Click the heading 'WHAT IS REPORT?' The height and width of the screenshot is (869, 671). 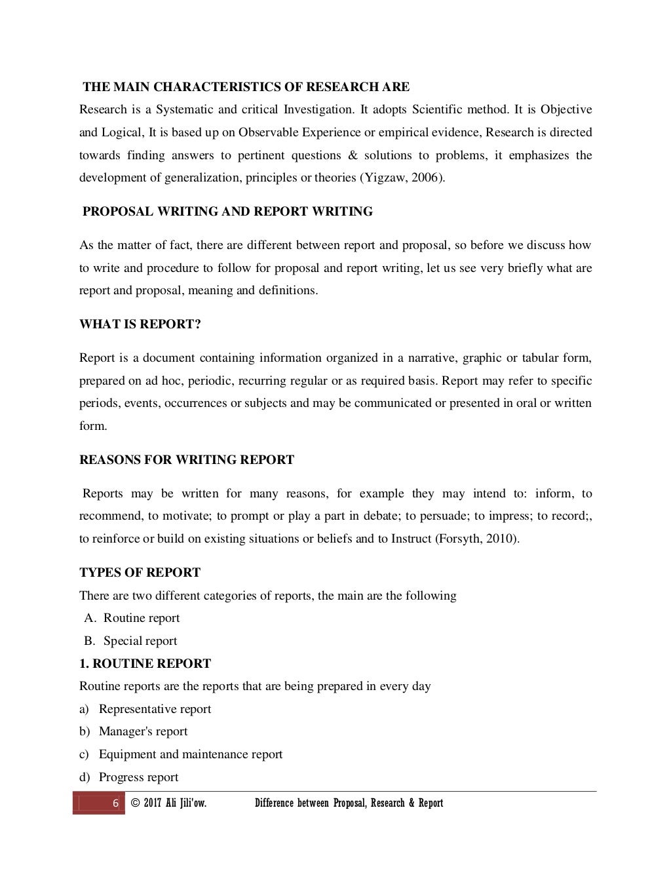pos(140,324)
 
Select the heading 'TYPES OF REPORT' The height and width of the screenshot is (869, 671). pos(140,573)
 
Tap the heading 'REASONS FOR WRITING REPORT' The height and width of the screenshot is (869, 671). pos(187,460)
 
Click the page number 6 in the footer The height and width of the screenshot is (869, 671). pos(115,803)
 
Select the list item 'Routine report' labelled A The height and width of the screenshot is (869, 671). pos(142,618)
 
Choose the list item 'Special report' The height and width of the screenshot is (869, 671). pos(140,641)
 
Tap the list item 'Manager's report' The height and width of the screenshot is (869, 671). pos(143,731)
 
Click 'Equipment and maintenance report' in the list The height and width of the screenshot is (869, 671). pos(191,754)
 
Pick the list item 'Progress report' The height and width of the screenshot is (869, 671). pos(138,777)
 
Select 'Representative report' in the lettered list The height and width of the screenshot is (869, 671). pos(155,709)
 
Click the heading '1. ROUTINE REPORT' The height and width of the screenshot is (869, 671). pos(145,664)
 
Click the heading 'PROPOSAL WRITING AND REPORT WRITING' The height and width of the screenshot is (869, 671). pos(227,212)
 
